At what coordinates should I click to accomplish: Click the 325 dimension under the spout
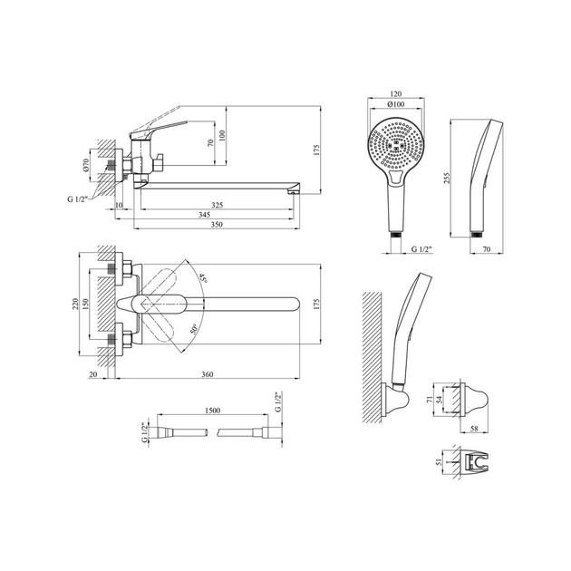pos(217,205)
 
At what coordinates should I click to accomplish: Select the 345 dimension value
pos(205,215)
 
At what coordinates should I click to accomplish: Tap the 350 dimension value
pos(217,225)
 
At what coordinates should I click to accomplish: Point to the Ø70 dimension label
pos(86,165)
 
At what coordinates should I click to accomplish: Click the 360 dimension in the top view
pos(208,374)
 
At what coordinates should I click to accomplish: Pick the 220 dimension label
pos(75,304)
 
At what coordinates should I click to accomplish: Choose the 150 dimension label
pos(85,304)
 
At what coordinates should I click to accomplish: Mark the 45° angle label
pos(202,279)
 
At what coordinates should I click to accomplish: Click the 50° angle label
pos(194,329)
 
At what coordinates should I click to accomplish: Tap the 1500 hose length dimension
pos(213,411)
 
